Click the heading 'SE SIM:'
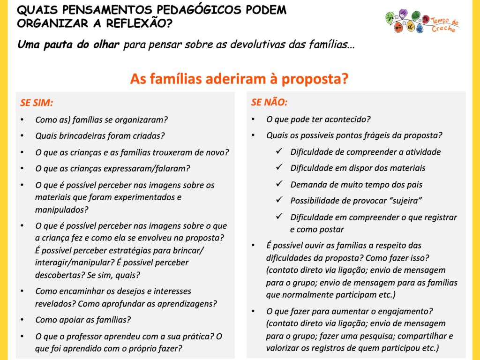pos(37,103)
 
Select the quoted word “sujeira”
pos(405,200)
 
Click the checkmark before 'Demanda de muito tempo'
pos(280,184)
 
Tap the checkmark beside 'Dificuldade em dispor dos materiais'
pos(280,168)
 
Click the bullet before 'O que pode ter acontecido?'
pos(254,120)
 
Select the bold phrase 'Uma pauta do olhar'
pos(68,45)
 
